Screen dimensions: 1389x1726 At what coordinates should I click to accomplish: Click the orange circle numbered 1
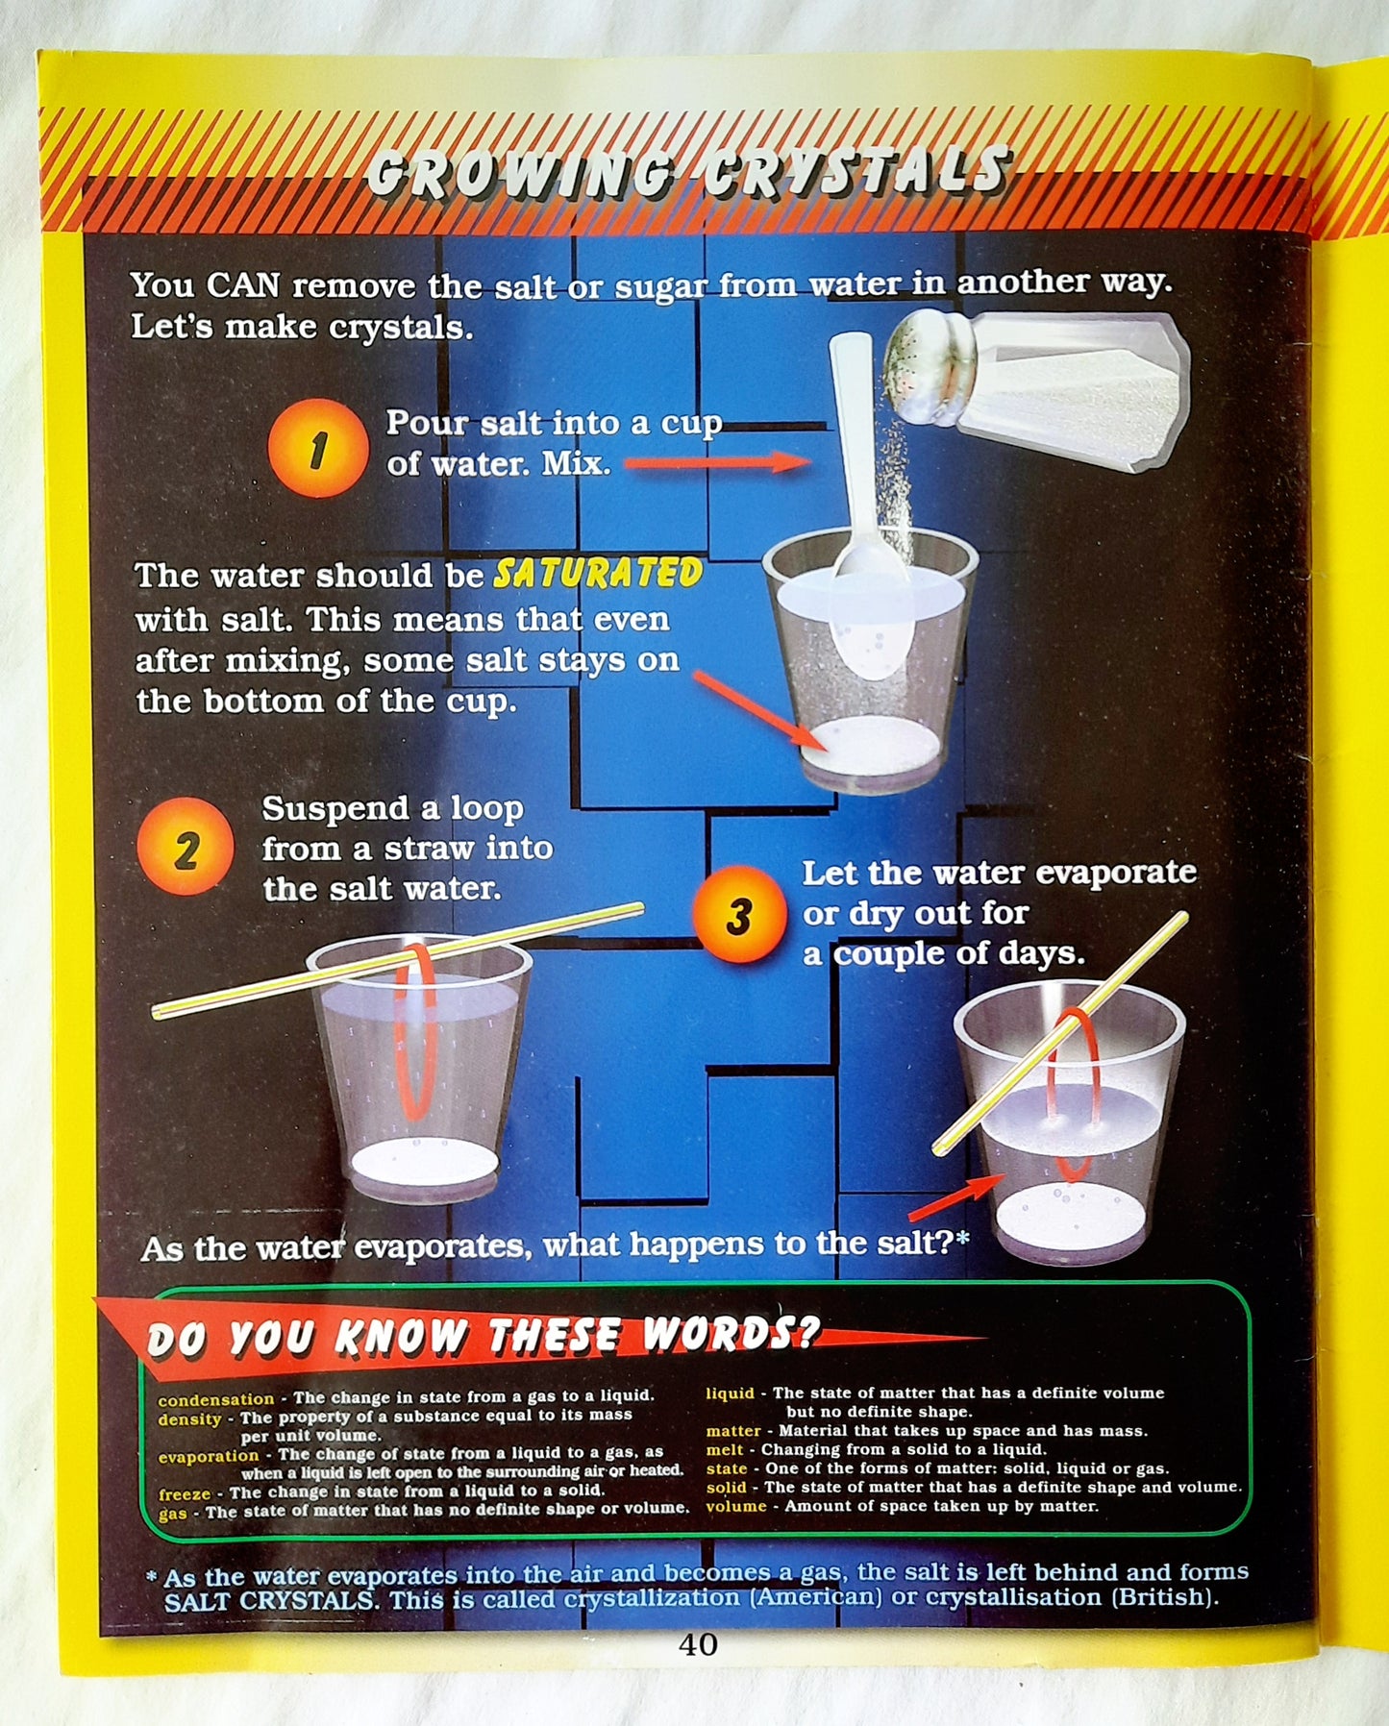pyautogui.click(x=317, y=449)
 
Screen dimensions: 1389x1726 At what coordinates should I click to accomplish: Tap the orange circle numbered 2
pyautogui.click(x=186, y=847)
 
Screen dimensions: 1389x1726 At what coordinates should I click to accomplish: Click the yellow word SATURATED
pyautogui.click(x=598, y=574)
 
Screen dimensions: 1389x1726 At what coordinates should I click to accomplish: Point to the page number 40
pyautogui.click(x=698, y=1644)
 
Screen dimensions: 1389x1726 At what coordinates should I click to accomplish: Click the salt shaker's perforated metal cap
pyautogui.click(x=928, y=370)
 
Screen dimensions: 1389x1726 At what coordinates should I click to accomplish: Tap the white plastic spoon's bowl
pyautogui.click(x=869, y=620)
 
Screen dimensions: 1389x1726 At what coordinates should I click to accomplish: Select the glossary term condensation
pyautogui.click(x=216, y=1399)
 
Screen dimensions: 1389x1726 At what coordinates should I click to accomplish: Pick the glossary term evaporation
pyautogui.click(x=209, y=1455)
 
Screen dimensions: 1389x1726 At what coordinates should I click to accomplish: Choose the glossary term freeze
pyautogui.click(x=185, y=1493)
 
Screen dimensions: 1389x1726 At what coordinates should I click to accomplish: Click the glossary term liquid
pyautogui.click(x=731, y=1393)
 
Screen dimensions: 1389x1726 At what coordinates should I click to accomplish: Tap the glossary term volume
pyautogui.click(x=736, y=1506)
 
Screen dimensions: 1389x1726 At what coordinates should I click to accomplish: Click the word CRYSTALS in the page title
pyautogui.click(x=856, y=173)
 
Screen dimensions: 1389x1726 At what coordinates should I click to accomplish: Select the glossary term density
pyautogui.click(x=189, y=1418)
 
